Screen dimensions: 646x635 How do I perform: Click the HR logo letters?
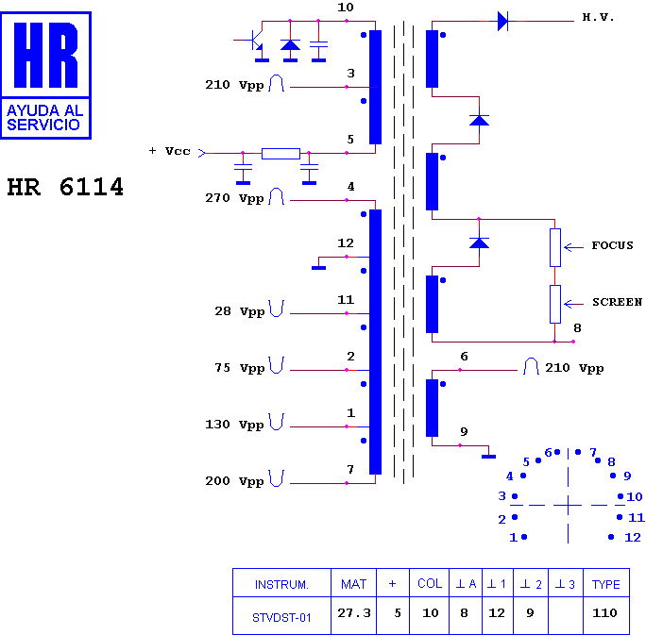pos(45,55)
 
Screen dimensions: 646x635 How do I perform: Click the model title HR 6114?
pos(65,187)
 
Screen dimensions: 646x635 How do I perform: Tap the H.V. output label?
pos(598,17)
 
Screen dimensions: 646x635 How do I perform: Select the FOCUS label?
pos(612,245)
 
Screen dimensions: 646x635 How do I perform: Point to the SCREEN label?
pos(617,302)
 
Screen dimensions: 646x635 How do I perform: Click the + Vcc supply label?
pos(169,151)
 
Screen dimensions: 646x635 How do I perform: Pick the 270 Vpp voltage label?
pos(234,198)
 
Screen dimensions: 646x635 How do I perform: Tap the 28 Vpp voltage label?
pos(239,311)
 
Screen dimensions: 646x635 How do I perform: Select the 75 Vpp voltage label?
pos(239,368)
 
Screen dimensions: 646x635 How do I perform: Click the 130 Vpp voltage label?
pos(234,425)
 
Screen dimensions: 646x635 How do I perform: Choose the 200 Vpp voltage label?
pos(234,481)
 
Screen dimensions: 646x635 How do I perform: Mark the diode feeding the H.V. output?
pos(502,21)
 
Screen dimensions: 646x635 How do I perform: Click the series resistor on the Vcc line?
pos(281,154)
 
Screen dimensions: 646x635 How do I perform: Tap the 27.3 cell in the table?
pos(354,613)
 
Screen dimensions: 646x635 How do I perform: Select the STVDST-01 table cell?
pos(281,618)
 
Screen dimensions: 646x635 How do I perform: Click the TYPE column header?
pos(605,584)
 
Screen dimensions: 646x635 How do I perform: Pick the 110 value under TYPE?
pos(604,613)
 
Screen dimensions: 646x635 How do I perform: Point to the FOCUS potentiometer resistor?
pos(555,248)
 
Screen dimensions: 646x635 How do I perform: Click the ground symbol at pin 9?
pos(488,457)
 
